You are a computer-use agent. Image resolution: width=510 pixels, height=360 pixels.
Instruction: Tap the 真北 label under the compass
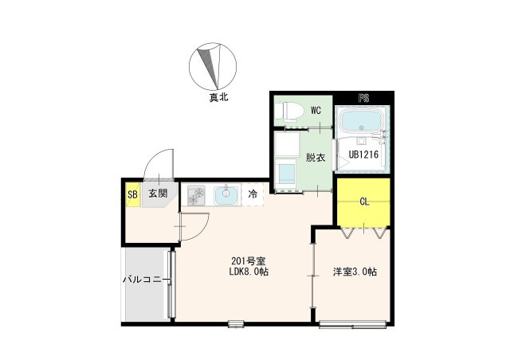point(218,97)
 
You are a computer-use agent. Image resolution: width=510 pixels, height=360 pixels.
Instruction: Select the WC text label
point(316,111)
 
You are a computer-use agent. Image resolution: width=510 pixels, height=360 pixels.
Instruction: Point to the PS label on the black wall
point(363,98)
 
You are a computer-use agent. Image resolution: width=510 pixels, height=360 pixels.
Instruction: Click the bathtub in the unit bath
point(361,122)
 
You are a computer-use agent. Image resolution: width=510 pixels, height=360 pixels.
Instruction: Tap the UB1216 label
point(363,155)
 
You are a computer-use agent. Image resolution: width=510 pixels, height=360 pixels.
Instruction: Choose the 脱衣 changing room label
point(316,158)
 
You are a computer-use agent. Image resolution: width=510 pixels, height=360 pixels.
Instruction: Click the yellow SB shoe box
point(133,195)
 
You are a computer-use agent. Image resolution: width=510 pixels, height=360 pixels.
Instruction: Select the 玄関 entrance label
point(158,194)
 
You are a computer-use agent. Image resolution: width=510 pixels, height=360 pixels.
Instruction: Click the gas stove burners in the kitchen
point(196,195)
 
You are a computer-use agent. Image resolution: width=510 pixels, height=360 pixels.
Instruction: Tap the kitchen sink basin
point(226,195)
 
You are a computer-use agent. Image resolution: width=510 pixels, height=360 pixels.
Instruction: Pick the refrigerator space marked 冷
point(253,194)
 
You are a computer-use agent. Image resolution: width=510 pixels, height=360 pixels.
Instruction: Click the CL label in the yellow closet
point(364,202)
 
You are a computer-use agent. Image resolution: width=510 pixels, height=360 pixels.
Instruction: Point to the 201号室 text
point(249,260)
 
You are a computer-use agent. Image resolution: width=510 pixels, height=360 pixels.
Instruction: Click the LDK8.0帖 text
point(249,272)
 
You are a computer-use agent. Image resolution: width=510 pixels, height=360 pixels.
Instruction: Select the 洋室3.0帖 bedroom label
point(355,272)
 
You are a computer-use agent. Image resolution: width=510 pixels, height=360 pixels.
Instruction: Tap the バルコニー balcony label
point(147,280)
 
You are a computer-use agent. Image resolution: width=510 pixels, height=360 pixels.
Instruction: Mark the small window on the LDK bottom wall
point(236,323)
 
